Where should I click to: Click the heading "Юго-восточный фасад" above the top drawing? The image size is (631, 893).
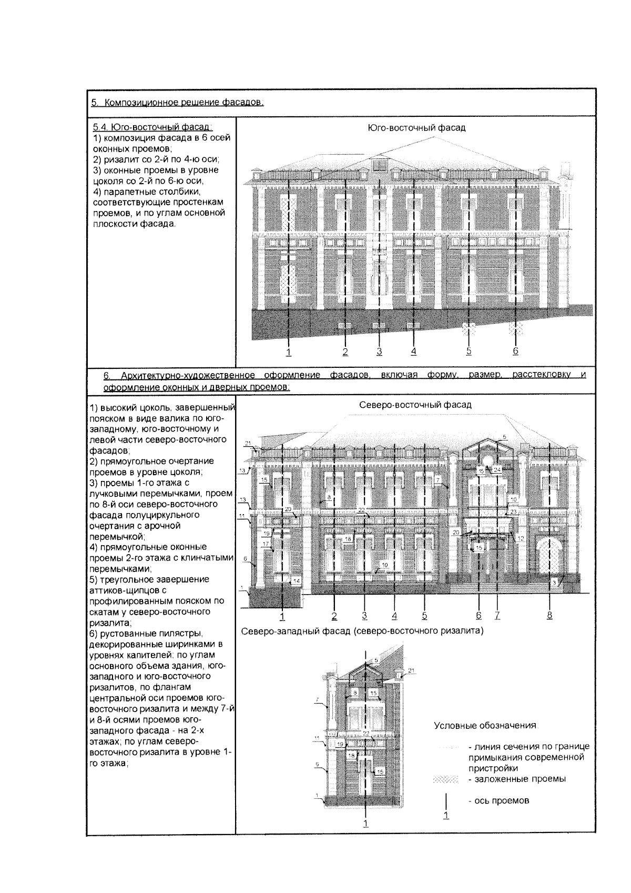[416, 128]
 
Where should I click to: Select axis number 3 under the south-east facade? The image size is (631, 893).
[379, 351]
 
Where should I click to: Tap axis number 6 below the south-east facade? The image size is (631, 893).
[515, 351]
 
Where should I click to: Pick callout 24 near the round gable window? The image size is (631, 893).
[497, 469]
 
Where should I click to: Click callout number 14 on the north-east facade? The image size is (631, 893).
[296, 580]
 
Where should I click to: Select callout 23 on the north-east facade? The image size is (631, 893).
[513, 511]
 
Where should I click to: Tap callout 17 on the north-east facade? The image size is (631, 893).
[266, 544]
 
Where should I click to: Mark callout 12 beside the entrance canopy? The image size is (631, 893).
[520, 538]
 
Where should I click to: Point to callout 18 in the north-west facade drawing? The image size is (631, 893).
[351, 755]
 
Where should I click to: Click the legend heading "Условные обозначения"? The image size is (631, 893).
[485, 725]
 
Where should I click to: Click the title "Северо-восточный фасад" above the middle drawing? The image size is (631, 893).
[415, 405]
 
